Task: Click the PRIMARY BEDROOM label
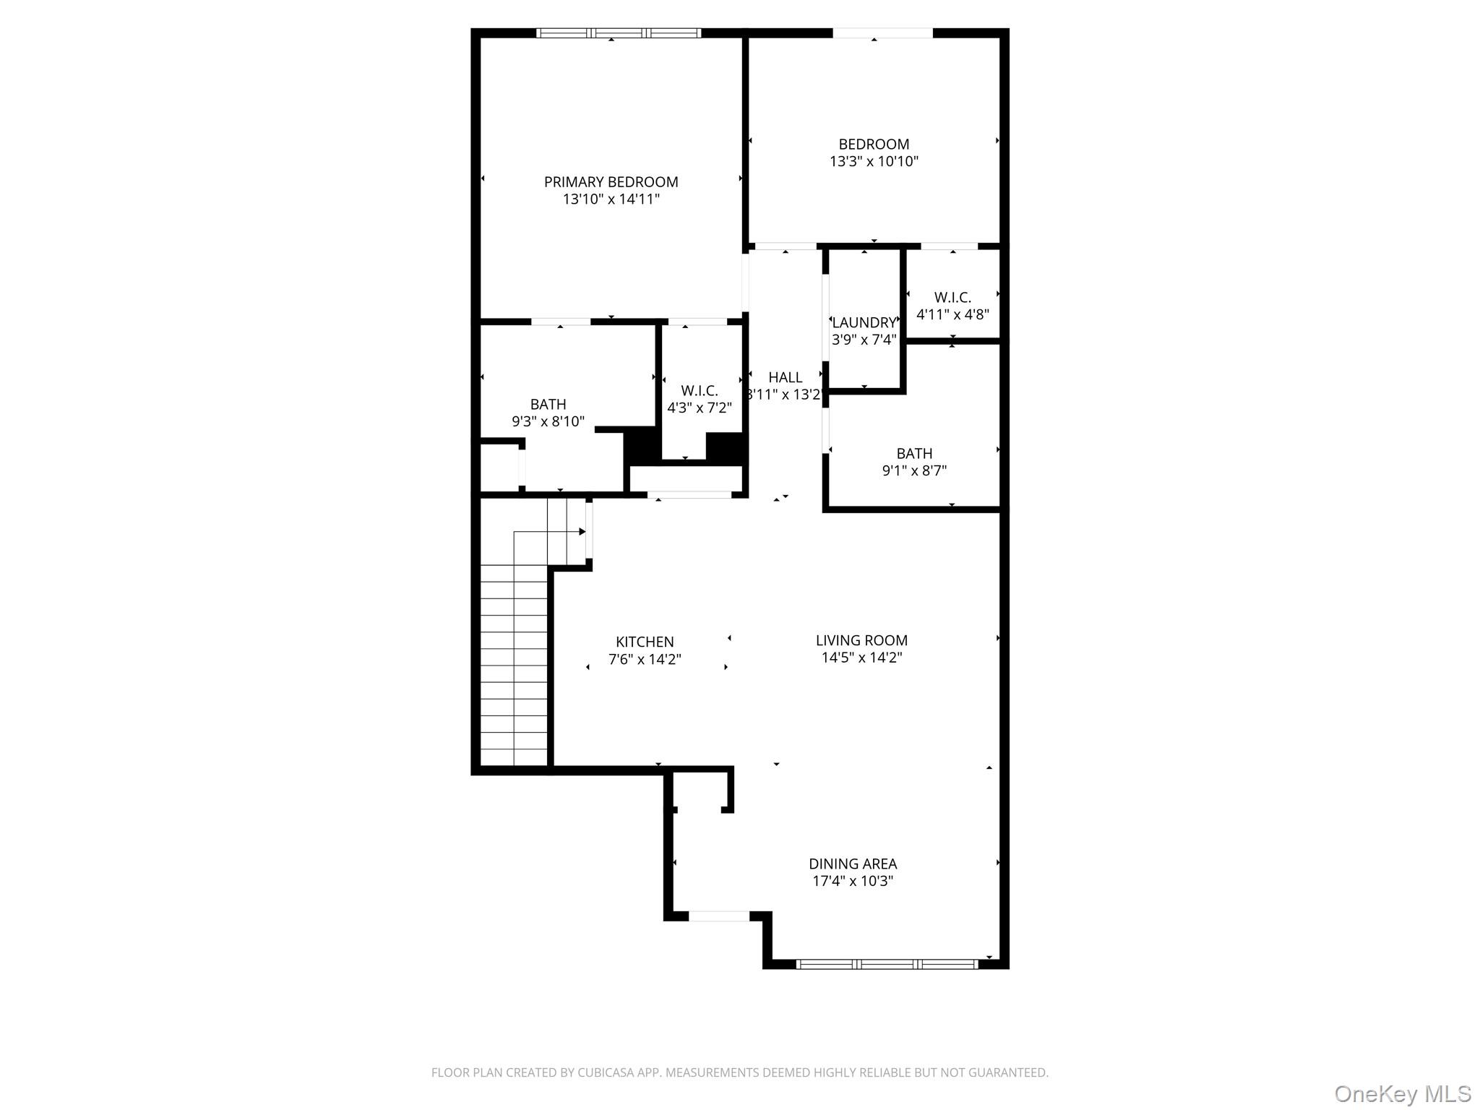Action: (x=611, y=182)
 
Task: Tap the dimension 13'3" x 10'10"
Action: (x=874, y=161)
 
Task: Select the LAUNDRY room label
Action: (x=864, y=323)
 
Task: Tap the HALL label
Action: (x=785, y=377)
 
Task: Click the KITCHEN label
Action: (x=645, y=642)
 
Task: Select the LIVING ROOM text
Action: (x=861, y=640)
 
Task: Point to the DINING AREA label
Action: (x=853, y=864)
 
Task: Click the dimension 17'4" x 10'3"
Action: (x=853, y=881)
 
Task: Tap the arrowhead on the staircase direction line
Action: (x=582, y=532)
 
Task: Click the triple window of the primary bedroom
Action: (x=619, y=33)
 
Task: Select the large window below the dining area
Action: (x=887, y=963)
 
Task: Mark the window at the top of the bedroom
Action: (x=882, y=33)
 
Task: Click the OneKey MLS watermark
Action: (x=1402, y=1093)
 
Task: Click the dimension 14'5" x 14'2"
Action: (x=861, y=658)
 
